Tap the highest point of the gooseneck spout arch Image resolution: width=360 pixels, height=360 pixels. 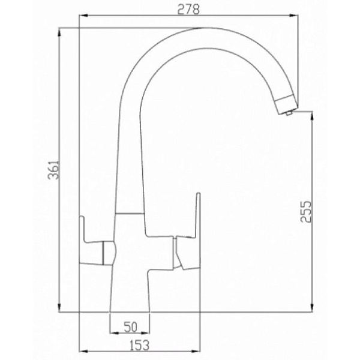[x=207, y=28]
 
